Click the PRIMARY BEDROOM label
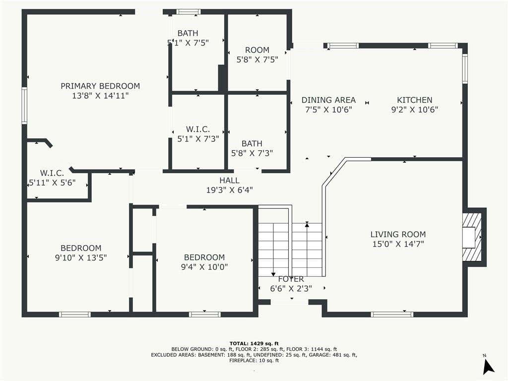[100, 86]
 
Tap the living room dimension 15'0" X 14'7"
[398, 244]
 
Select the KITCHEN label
[415, 100]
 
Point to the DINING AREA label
[328, 100]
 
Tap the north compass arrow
[488, 367]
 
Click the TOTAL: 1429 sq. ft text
[254, 343]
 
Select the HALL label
[229, 181]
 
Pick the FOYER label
[291, 279]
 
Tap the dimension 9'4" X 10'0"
[204, 267]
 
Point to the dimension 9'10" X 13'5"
[81, 257]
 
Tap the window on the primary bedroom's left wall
[24, 105]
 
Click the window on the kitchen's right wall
[465, 68]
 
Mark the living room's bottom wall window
[392, 314]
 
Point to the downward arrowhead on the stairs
[273, 274]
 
